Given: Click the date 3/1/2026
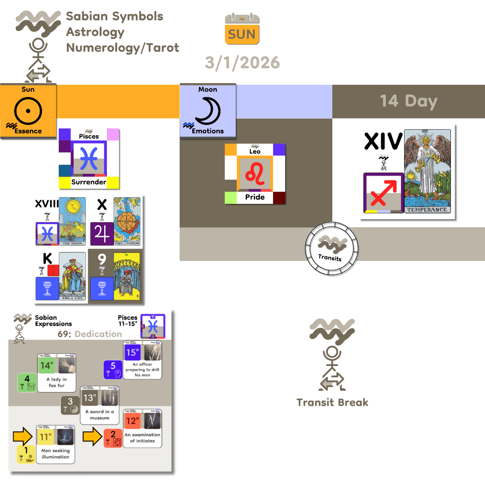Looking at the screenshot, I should (242, 62).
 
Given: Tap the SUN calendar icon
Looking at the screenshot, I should (242, 29).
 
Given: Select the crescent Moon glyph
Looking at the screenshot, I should (207, 110).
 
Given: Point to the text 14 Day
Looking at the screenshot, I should (408, 101).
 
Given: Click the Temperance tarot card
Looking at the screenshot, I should (427, 172).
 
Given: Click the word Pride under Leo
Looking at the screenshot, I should (255, 197).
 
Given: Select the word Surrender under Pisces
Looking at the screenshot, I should (88, 182).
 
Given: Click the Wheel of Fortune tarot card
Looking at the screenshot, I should (127, 221).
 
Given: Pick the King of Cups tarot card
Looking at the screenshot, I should (72, 276).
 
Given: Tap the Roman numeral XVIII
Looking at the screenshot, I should (47, 204).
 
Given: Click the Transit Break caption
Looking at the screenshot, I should (332, 402).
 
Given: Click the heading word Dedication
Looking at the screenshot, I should (98, 334).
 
